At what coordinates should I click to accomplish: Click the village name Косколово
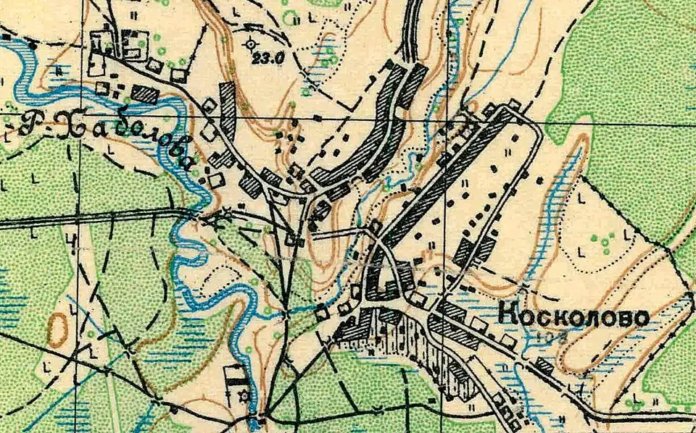pyautogui.click(x=573, y=316)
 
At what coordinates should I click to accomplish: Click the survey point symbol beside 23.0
pyautogui.click(x=252, y=43)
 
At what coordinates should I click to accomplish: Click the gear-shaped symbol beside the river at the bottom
pyautogui.click(x=244, y=396)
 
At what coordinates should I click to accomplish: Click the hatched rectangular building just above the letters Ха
pyautogui.click(x=145, y=94)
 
